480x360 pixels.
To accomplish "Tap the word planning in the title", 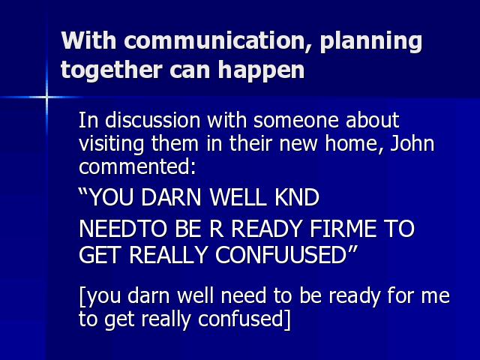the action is (371, 42).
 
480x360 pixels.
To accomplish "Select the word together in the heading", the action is (112, 70).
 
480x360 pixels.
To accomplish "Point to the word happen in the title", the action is (261, 71).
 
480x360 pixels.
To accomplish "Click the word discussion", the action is (152, 120).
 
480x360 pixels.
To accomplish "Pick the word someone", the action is (295, 120).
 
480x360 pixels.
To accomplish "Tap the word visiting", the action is (111, 143).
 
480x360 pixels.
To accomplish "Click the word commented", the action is (137, 166).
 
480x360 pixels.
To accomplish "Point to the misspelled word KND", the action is (297, 197).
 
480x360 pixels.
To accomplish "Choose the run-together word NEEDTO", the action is (123, 229).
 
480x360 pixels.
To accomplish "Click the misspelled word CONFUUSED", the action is (281, 255).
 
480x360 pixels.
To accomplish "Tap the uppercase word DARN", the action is (171, 197).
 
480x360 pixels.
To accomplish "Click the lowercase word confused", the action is (241, 319).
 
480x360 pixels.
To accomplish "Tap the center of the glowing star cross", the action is (46, 97).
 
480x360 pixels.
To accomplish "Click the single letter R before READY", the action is (217, 229).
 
